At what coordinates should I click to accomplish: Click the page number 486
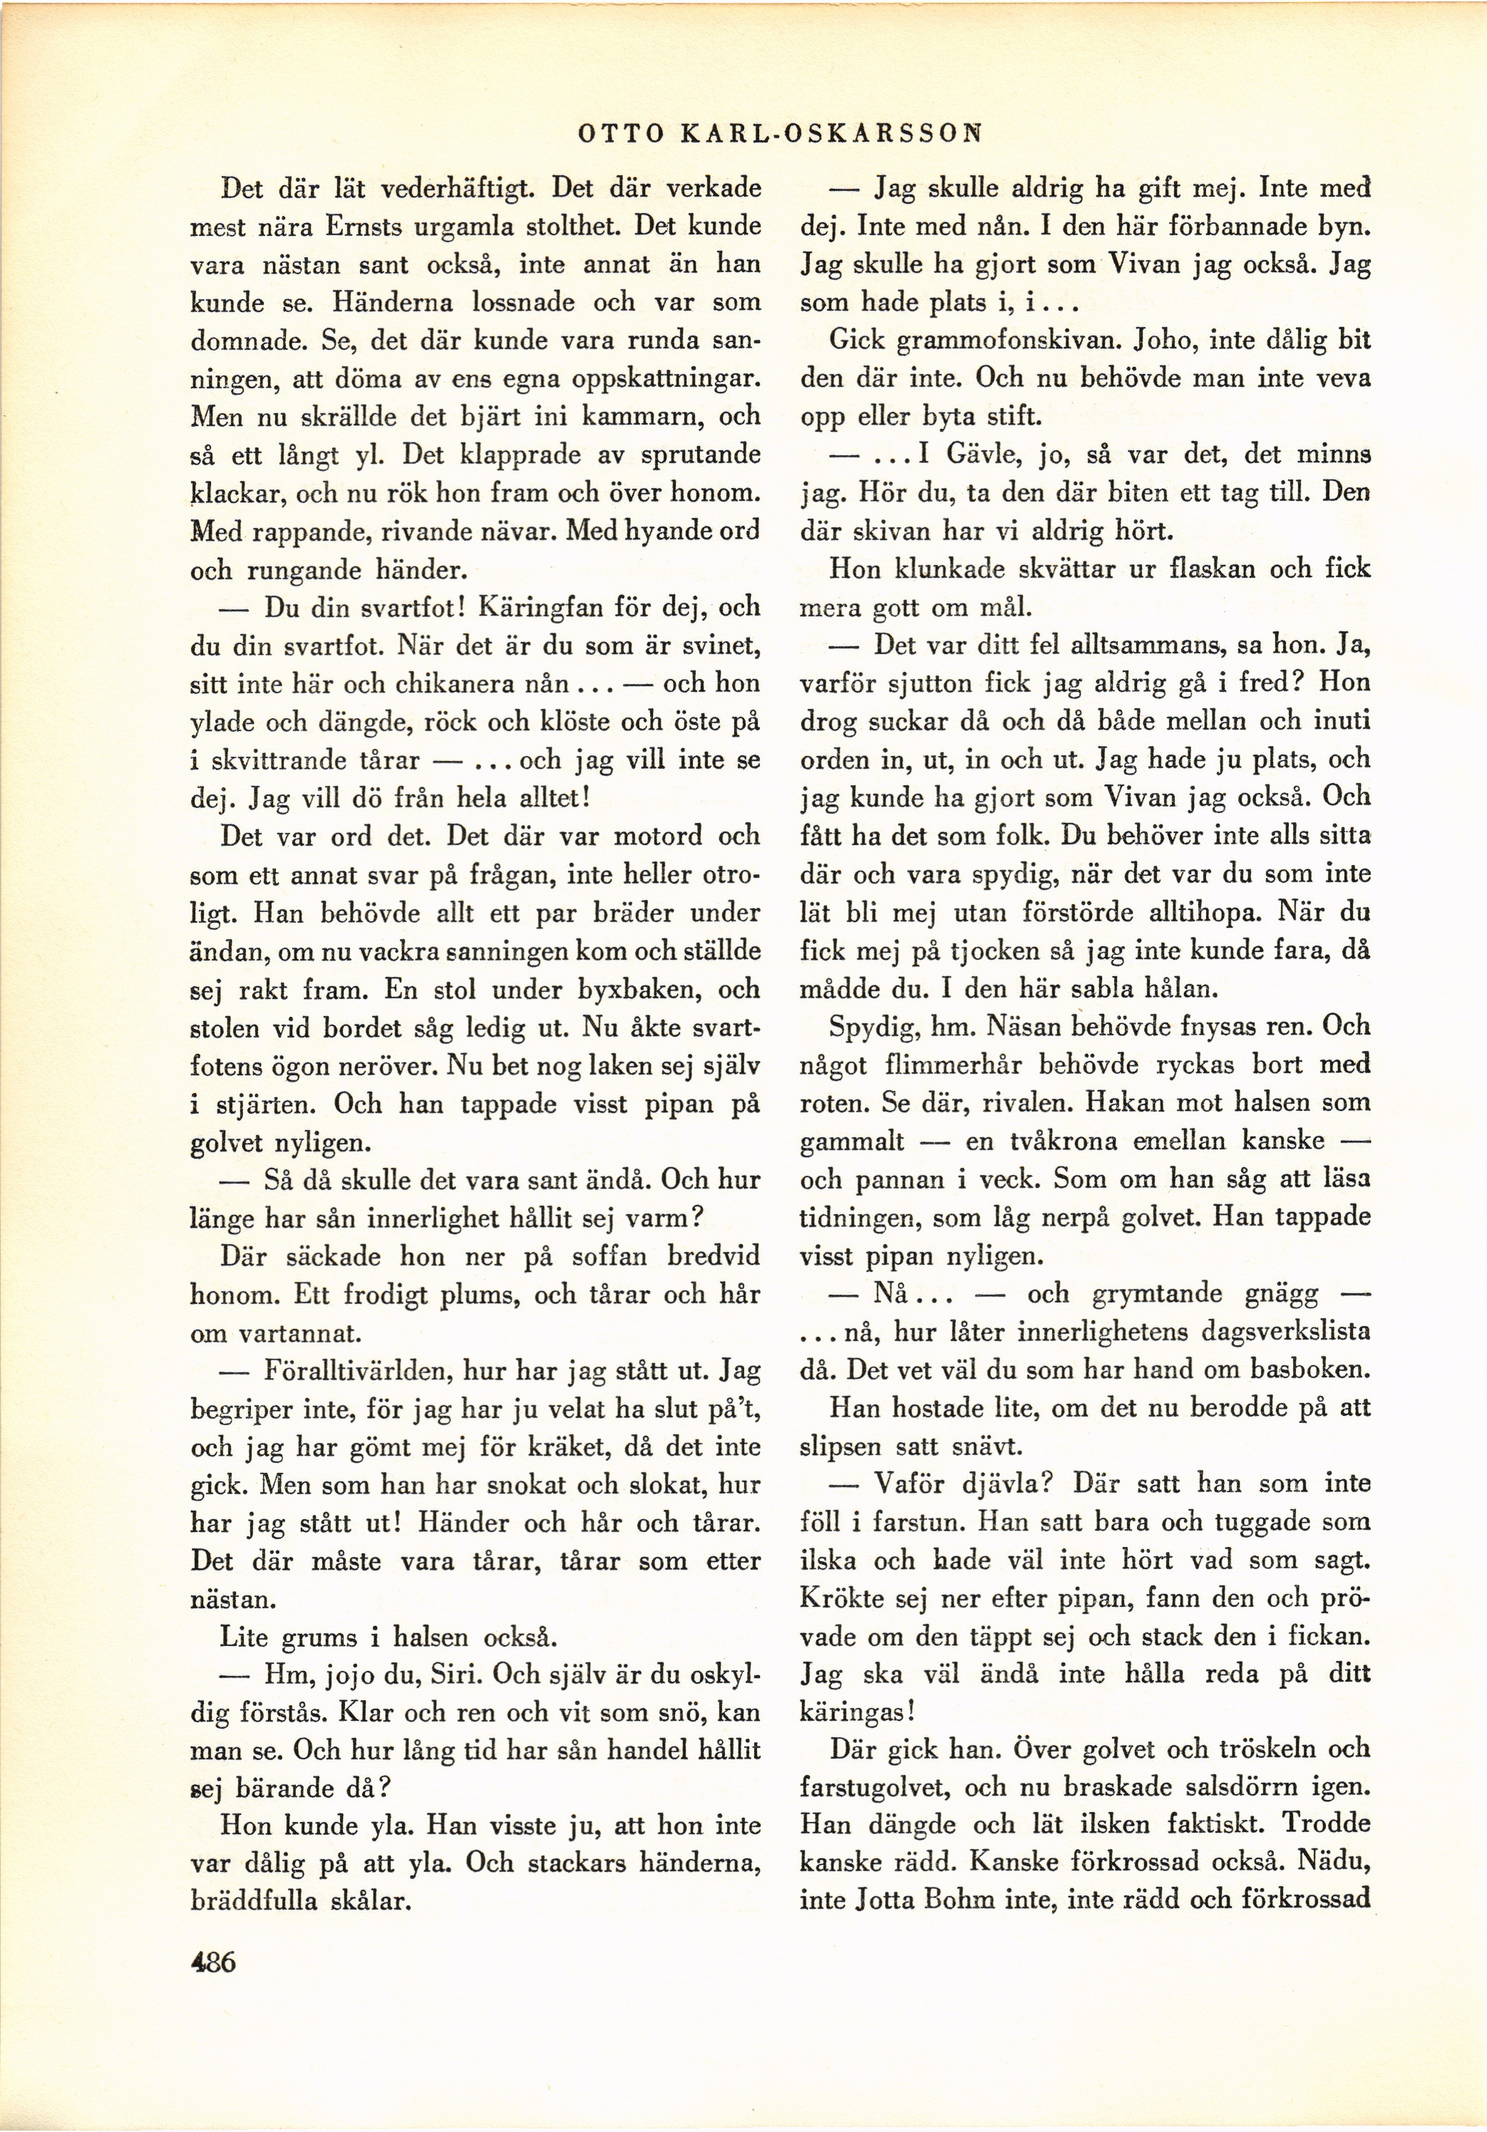point(212,1962)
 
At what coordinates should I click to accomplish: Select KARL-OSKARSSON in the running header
point(831,134)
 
